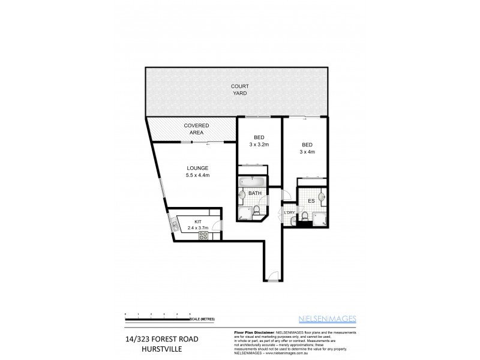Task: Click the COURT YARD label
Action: tap(239, 90)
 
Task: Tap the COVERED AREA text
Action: tap(196, 129)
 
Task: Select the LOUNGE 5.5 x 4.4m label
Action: tap(197, 171)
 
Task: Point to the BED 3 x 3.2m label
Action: tap(259, 141)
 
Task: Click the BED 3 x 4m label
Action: tap(307, 148)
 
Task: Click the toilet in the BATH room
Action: tap(256, 211)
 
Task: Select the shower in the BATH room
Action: tap(245, 212)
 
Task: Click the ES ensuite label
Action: tap(311, 201)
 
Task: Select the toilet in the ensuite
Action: tap(305, 217)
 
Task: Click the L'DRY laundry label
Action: tap(290, 213)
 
